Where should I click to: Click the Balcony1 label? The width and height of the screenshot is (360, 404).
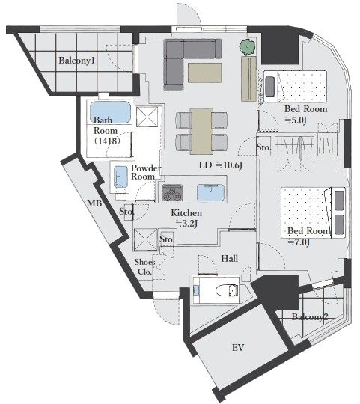pyautogui.click(x=77, y=61)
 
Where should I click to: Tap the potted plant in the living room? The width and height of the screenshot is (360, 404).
pyautogui.click(x=248, y=47)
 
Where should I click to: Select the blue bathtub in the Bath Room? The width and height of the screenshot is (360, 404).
pyautogui.click(x=110, y=112)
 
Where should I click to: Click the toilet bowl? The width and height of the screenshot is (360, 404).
pyautogui.click(x=227, y=290)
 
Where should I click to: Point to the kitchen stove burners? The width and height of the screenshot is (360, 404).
pyautogui.click(x=172, y=193)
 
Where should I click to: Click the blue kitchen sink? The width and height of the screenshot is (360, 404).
pyautogui.click(x=211, y=192)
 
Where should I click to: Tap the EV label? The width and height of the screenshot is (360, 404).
pyautogui.click(x=238, y=348)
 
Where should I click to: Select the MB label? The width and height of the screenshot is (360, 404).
pyautogui.click(x=94, y=203)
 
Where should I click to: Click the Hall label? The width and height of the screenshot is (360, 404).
pyautogui.click(x=229, y=258)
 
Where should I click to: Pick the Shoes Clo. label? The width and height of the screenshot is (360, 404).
pyautogui.click(x=145, y=266)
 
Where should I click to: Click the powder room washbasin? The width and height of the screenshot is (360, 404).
pyautogui.click(x=120, y=177)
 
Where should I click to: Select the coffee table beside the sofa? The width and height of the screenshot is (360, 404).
pyautogui.click(x=204, y=73)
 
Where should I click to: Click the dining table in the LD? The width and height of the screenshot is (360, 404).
pyautogui.click(x=201, y=132)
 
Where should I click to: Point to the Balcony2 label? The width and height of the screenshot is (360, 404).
pyautogui.click(x=310, y=317)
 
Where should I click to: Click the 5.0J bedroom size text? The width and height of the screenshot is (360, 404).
pyautogui.click(x=296, y=120)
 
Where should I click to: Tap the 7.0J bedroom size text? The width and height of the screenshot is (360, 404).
pyautogui.click(x=299, y=242)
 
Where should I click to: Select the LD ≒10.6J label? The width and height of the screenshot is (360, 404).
pyautogui.click(x=221, y=165)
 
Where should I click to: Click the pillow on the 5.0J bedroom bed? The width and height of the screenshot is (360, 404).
pyautogui.click(x=269, y=86)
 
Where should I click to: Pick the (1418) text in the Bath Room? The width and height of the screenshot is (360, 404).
pyautogui.click(x=107, y=141)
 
